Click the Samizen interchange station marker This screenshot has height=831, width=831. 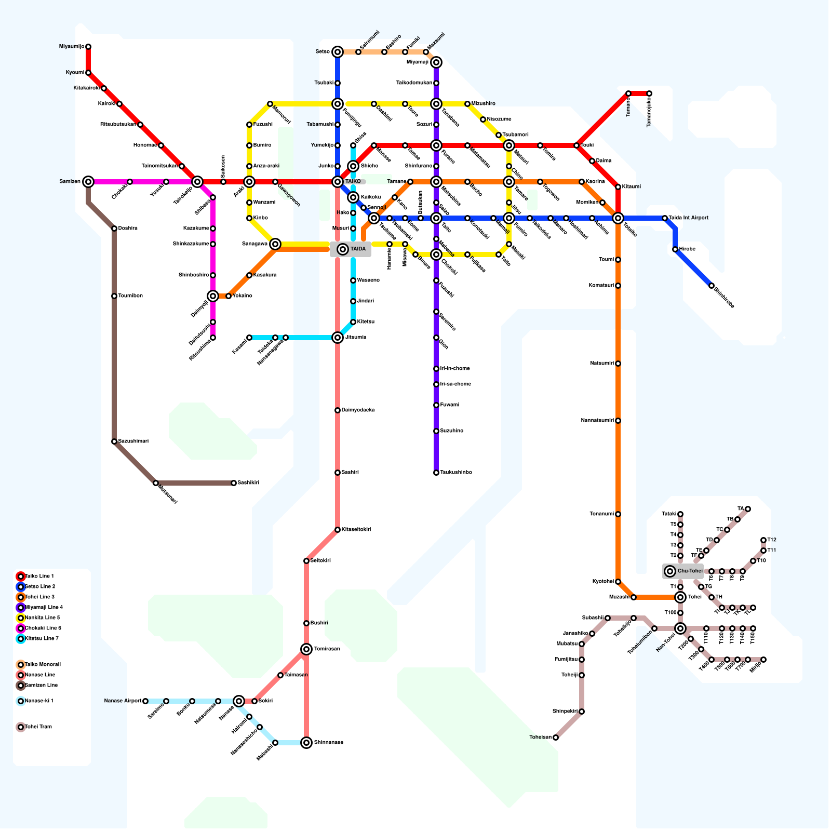pyautogui.click(x=88, y=182)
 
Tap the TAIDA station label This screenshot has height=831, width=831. pyautogui.click(x=358, y=249)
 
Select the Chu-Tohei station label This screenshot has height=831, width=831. pyautogui.click(x=690, y=571)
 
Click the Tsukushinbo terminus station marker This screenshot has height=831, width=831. pyautogui.click(x=436, y=473)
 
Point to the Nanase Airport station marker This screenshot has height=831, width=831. pyautogui.click(x=145, y=701)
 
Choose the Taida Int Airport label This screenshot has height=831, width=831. pyautogui.click(x=689, y=218)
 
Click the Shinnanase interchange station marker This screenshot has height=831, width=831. pyautogui.click(x=306, y=743)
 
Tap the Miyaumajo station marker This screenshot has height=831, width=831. pyautogui.click(x=88, y=47)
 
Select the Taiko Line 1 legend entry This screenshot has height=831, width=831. pyautogui.click(x=39, y=577)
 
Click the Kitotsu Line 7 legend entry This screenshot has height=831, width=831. pyautogui.click(x=42, y=639)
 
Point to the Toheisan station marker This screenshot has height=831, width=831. pyautogui.click(x=556, y=738)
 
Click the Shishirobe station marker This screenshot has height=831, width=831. pyautogui.click(x=712, y=286)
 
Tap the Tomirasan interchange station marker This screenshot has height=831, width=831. pyautogui.click(x=306, y=649)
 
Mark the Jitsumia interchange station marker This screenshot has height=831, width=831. pyautogui.click(x=338, y=338)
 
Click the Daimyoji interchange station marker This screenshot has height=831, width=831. pyautogui.click(x=213, y=296)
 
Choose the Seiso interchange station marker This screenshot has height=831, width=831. pyautogui.click(x=338, y=52)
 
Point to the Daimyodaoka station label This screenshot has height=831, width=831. pyautogui.click(x=358, y=410)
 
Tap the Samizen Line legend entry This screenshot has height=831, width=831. pyautogui.click(x=41, y=686)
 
